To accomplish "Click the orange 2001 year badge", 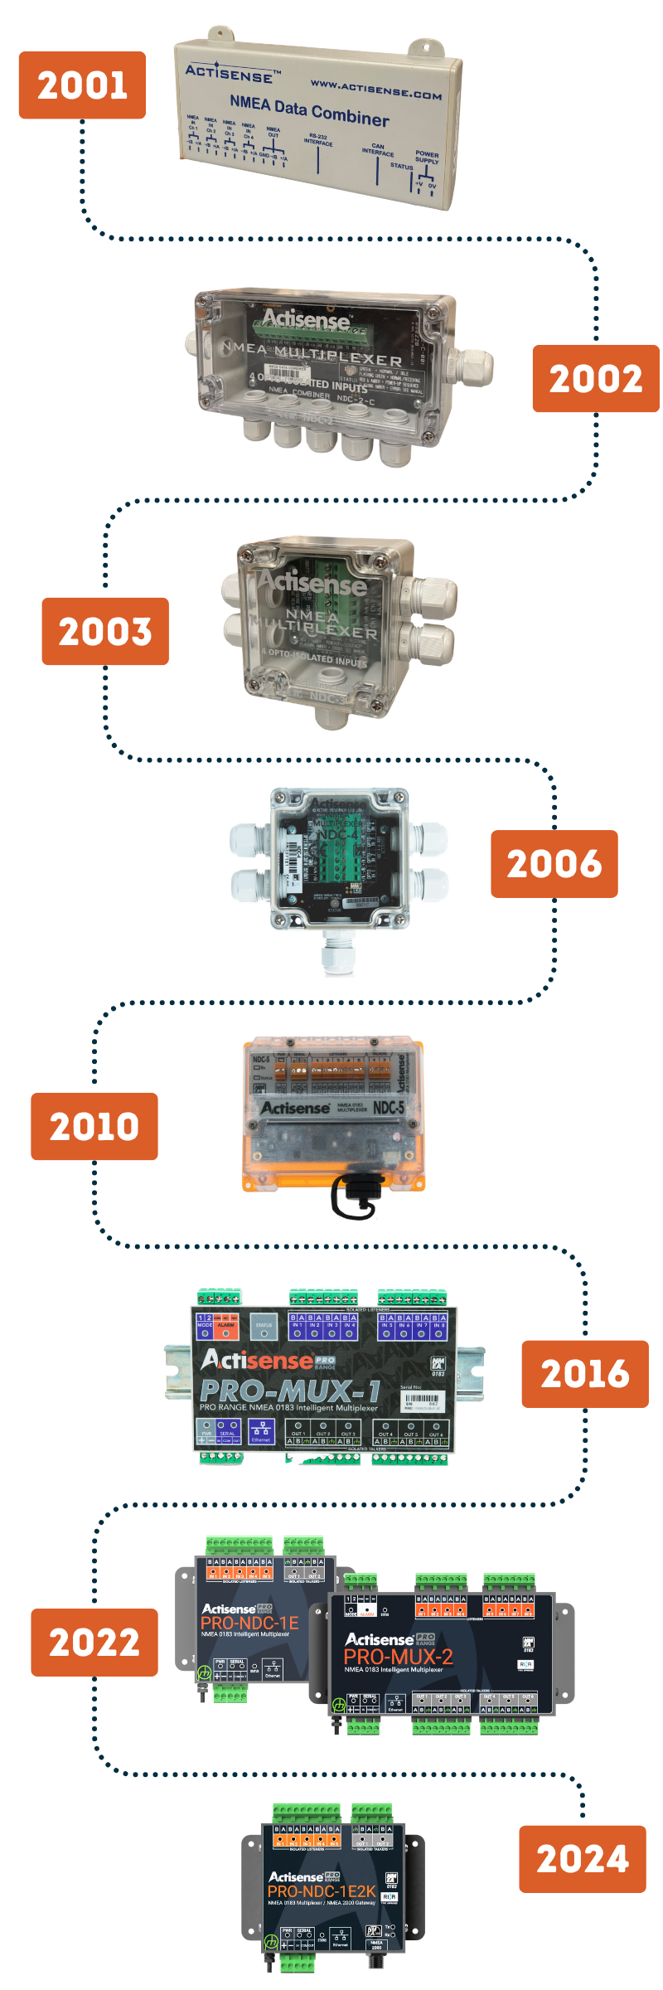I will pyautogui.click(x=82, y=85).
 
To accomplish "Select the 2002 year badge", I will pyautogui.click(x=595, y=379).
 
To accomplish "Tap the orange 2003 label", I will pyautogui.click(x=105, y=631).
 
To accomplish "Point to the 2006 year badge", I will pyautogui.click(x=554, y=864).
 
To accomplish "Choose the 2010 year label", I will pyautogui.click(x=94, y=1126).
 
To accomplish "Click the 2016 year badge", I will pyautogui.click(x=584, y=1374).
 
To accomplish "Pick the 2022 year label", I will pyautogui.click(x=94, y=1643).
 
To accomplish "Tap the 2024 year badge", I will pyautogui.click(x=582, y=1859).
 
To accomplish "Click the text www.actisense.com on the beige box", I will pyautogui.click(x=375, y=89).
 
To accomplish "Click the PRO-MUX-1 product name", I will pyautogui.click(x=290, y=1391).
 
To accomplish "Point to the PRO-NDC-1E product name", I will pyautogui.click(x=249, y=1623).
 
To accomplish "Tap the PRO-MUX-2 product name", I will pyautogui.click(x=399, y=1657).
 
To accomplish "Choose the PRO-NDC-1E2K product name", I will pyautogui.click(x=322, y=1891).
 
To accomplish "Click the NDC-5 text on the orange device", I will pyautogui.click(x=389, y=1108).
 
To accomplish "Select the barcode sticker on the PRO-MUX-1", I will pyautogui.click(x=423, y=1402).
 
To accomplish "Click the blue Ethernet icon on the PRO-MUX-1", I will pyautogui.click(x=261, y=1429).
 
